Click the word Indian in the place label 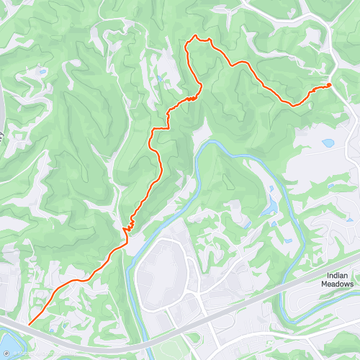pyautogui.click(x=337, y=274)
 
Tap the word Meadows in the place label pyautogui.click(x=337, y=284)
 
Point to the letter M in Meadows pyautogui.click(x=323, y=284)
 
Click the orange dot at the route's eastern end pyautogui.click(x=329, y=85)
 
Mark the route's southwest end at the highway pyautogui.click(x=29, y=325)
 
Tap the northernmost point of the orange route pyautogui.click(x=195, y=36)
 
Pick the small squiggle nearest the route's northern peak pyautogui.click(x=192, y=97)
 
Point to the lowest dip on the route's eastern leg pyautogui.click(x=293, y=104)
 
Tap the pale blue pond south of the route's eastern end pyautogui.click(x=328, y=143)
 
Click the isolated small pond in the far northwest pyautogui.click(x=42, y=72)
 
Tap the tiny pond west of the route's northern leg pyautogui.click(x=160, y=81)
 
